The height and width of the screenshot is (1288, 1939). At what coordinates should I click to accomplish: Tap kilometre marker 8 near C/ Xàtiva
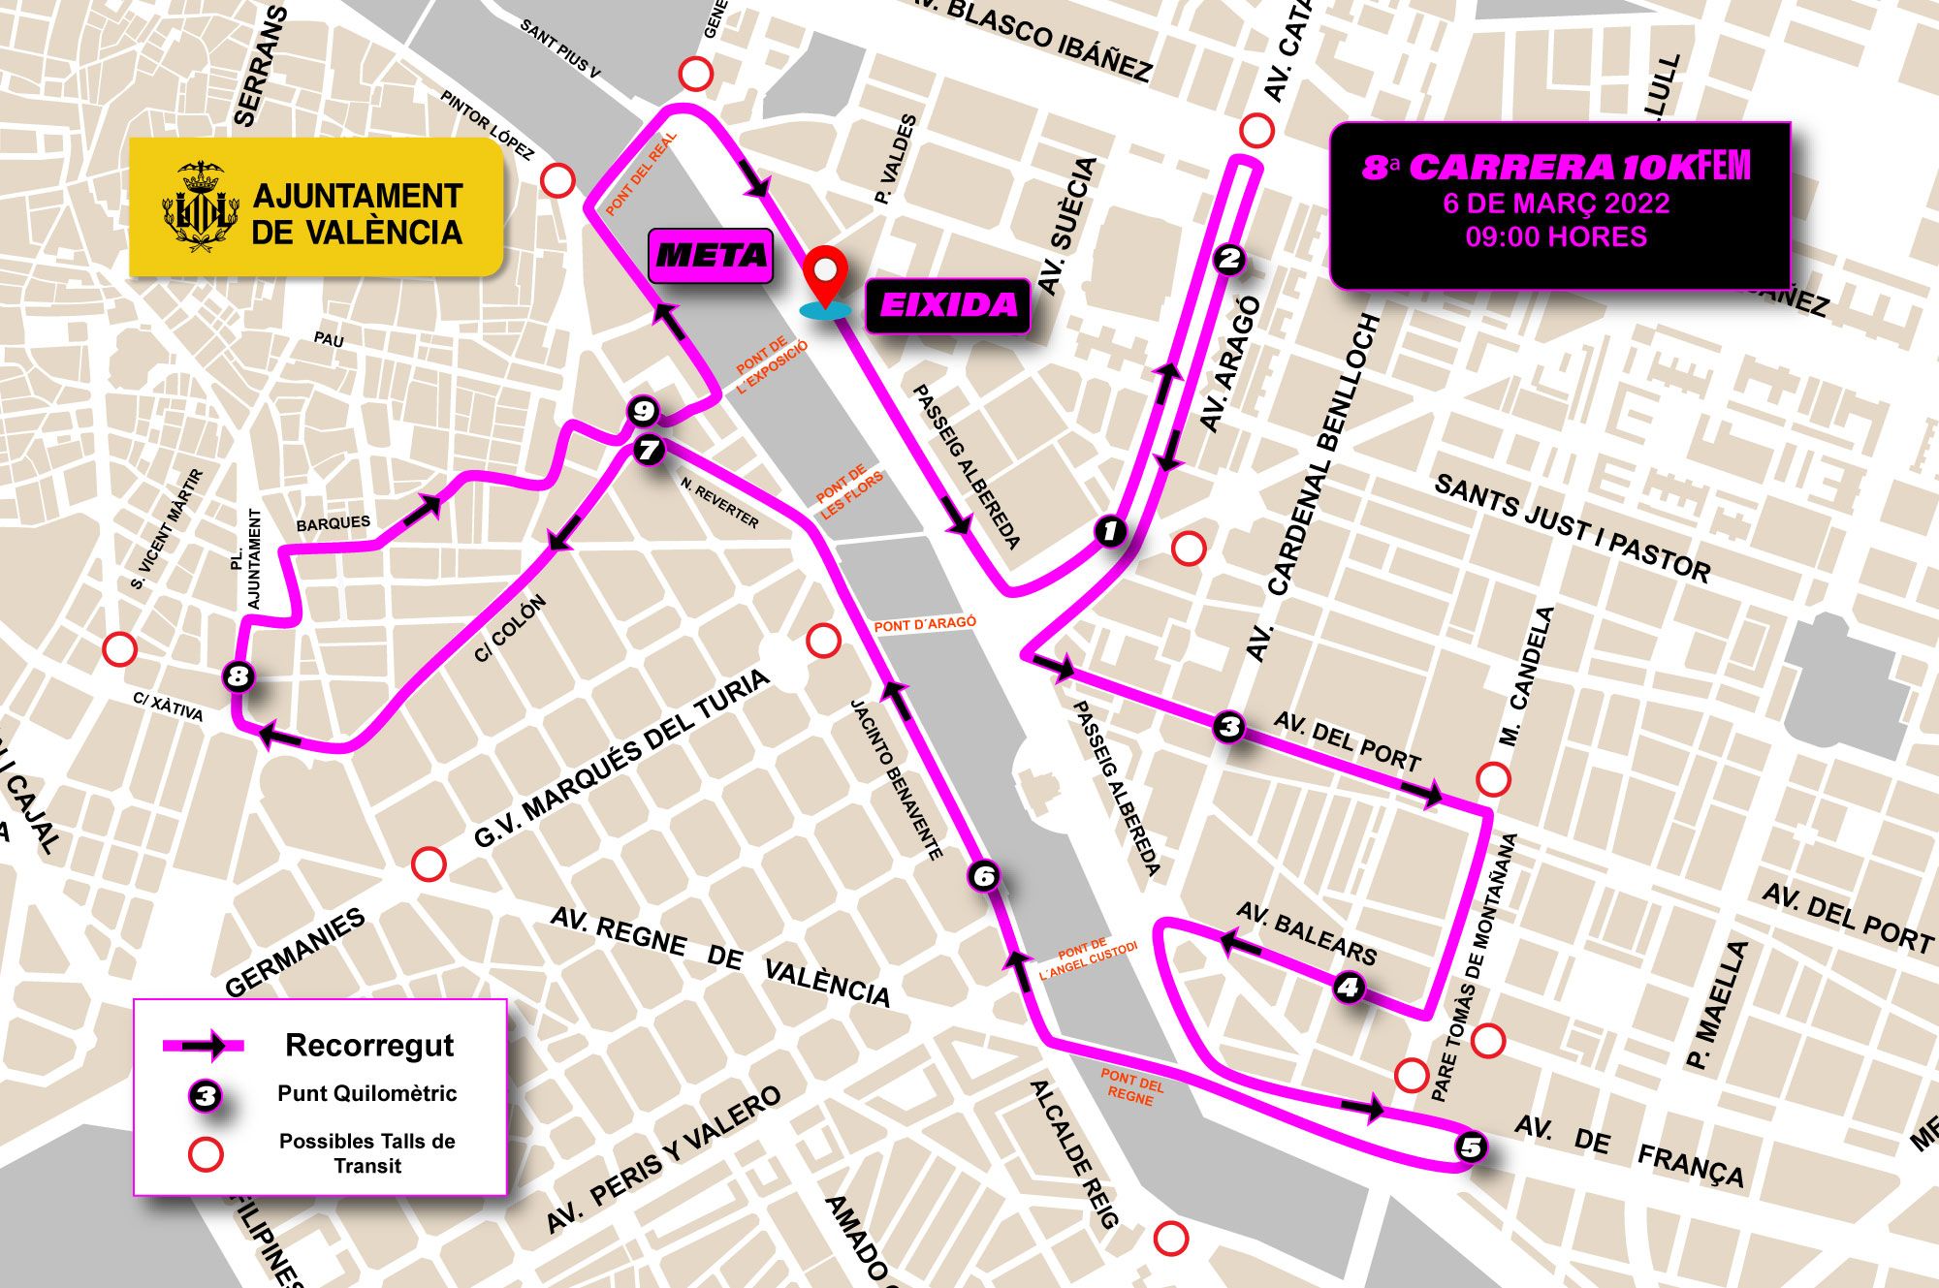click(x=238, y=675)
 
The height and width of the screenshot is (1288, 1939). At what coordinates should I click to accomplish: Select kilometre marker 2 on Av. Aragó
click(x=1228, y=259)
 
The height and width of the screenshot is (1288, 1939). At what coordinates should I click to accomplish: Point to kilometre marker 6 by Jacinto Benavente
click(x=984, y=876)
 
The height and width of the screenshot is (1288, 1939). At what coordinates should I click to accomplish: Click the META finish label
click(x=711, y=256)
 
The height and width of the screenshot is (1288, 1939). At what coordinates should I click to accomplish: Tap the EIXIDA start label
click(x=947, y=306)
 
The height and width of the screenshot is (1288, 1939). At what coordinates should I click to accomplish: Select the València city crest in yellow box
click(x=202, y=206)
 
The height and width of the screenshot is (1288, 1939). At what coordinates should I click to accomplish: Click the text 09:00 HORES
click(x=1555, y=237)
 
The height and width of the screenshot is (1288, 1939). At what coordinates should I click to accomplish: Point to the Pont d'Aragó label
click(x=924, y=624)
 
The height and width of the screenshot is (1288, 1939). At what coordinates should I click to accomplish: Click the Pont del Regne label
click(x=1131, y=1087)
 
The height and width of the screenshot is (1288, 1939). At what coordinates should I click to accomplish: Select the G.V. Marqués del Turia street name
click(x=620, y=759)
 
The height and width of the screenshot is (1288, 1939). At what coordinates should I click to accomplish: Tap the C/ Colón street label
click(x=511, y=628)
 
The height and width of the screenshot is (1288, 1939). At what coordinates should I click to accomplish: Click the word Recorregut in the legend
click(x=369, y=1045)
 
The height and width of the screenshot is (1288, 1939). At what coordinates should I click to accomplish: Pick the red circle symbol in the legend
click(x=206, y=1153)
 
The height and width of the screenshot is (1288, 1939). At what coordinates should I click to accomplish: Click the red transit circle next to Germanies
click(x=429, y=863)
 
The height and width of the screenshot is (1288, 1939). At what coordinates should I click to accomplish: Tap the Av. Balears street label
click(x=1306, y=932)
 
